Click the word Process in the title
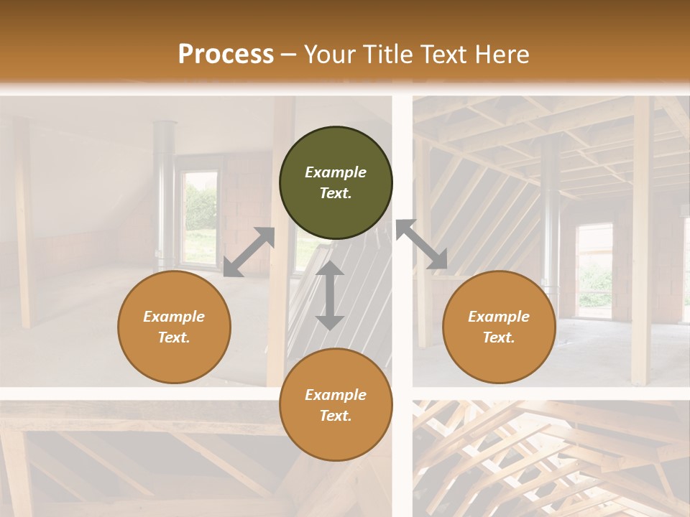226,55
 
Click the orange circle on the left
174,327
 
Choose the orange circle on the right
499,327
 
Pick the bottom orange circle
336,405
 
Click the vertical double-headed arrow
330,295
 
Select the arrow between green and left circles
249,252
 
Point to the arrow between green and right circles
422,245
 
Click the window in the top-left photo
200,215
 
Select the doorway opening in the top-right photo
594,269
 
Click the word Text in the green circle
336,193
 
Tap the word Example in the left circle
174,317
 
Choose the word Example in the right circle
499,317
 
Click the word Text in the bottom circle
336,416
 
